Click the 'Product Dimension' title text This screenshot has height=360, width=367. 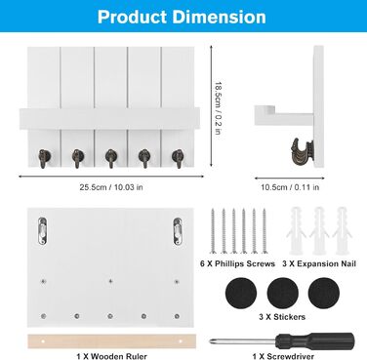(182, 17)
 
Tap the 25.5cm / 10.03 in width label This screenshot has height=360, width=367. (111, 187)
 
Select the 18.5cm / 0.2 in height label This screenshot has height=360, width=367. (218, 108)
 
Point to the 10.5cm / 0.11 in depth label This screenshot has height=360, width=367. (290, 187)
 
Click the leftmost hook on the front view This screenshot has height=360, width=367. (44, 158)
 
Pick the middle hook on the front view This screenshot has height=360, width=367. (110, 158)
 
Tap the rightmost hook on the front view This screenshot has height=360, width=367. (178, 158)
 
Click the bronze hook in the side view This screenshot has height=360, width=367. (303, 151)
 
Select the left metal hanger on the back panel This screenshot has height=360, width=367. (42, 230)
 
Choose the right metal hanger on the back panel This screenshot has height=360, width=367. (177, 230)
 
